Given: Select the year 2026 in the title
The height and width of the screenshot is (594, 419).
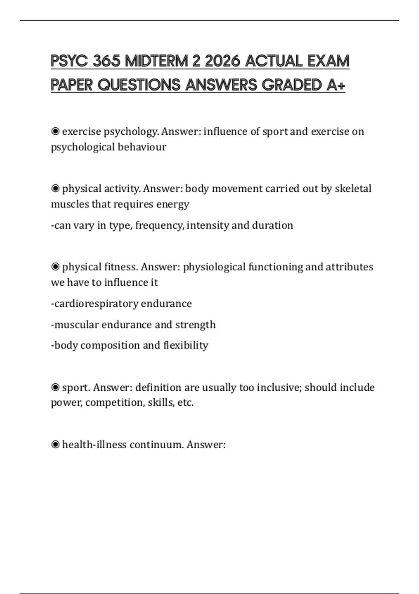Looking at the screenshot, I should (222, 61).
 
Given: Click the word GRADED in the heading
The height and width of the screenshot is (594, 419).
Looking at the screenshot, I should (292, 85).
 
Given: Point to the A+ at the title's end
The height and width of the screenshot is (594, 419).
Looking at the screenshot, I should (336, 85).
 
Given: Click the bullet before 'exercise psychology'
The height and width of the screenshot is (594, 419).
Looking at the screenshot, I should (55, 131).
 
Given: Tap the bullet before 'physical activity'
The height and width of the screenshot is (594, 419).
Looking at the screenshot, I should (55, 189).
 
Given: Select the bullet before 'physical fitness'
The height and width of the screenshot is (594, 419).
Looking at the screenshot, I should (55, 267).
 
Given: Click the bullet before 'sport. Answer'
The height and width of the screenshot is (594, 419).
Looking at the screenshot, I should (55, 387).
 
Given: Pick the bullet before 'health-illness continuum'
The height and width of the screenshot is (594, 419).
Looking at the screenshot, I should (55, 444).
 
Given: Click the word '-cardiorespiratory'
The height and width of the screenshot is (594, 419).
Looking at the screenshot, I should (95, 304).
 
